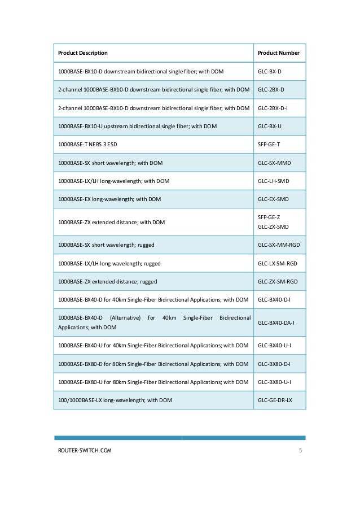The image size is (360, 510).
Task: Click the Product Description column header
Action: coord(83,53)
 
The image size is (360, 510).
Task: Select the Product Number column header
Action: coord(278,53)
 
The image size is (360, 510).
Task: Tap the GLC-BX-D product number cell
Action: coord(269,72)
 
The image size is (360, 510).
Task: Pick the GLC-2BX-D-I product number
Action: coord(273,108)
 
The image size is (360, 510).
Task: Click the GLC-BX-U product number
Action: coord(269,126)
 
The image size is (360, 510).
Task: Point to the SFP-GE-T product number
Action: coord(269,145)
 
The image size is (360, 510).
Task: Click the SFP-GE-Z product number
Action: coord(269,217)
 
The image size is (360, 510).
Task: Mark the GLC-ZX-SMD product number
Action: coord(273,227)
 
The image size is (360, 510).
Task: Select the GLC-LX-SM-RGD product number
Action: coord(277,263)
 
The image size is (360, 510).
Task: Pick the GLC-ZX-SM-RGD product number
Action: coord(277,281)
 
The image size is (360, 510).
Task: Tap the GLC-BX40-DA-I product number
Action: coord(276,322)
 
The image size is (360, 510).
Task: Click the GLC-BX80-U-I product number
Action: coord(274,382)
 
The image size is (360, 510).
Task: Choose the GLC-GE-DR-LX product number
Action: coord(275,400)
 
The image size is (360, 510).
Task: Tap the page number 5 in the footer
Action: coord(300,451)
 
